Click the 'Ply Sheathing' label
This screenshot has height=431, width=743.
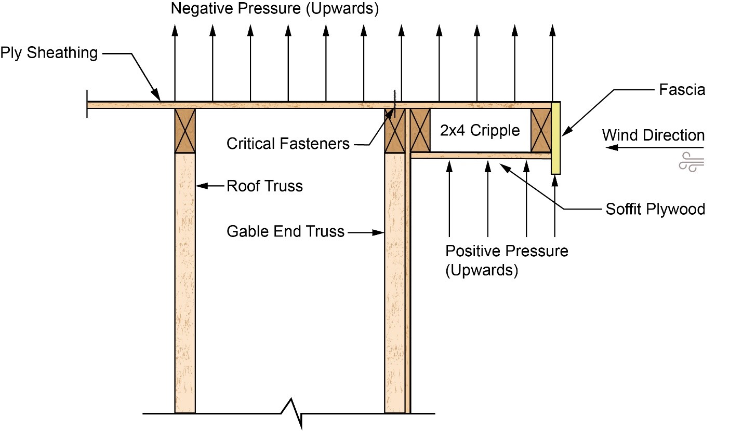[x=49, y=53]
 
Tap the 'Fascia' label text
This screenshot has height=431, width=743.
[x=682, y=90]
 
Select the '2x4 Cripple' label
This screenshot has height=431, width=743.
[x=480, y=130]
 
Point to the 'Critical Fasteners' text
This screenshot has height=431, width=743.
[x=288, y=144]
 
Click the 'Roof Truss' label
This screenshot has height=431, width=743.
[x=264, y=186]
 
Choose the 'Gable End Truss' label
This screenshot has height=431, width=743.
[x=285, y=231]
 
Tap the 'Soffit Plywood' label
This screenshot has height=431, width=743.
[x=655, y=209]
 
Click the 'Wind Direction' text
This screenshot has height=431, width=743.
[x=654, y=135]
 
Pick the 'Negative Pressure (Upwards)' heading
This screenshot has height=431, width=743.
[x=275, y=9]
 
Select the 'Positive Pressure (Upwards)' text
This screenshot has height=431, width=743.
[x=507, y=260]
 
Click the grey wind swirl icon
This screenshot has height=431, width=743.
[x=691, y=162]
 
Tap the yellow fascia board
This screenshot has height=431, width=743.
[x=556, y=138]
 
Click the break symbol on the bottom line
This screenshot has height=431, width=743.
[x=292, y=413]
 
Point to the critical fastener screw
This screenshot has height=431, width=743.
[x=395, y=104]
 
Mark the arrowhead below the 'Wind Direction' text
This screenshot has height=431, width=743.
[x=612, y=147]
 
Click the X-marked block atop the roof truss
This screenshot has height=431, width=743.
[x=185, y=131]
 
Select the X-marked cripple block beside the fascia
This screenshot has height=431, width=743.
[x=541, y=130]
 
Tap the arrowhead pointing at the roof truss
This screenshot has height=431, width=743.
[x=202, y=186]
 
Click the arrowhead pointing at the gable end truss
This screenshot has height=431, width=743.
[x=378, y=233]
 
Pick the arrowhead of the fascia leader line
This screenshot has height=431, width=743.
[x=566, y=131]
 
